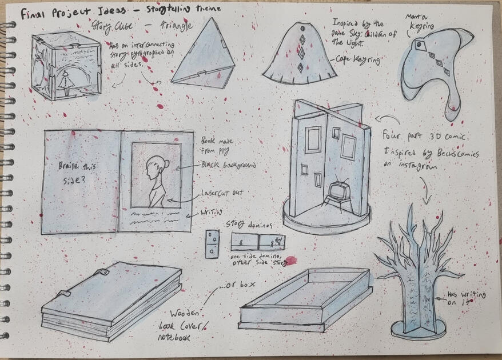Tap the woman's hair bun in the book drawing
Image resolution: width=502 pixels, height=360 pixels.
166,165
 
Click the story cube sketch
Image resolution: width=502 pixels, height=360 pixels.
67,65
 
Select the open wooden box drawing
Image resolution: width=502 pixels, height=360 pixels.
306,299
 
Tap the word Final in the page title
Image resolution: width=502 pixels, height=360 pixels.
35,14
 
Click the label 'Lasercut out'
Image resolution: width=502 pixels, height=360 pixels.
221,194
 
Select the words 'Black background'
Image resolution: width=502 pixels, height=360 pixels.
228,165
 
